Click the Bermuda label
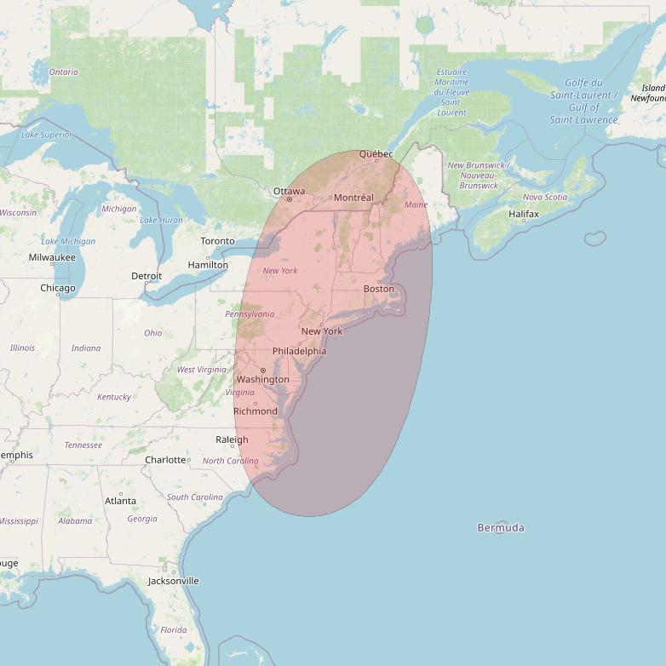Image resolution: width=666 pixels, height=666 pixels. click(x=501, y=528)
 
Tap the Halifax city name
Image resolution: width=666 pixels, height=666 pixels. click(x=524, y=214)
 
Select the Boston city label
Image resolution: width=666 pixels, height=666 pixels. click(x=379, y=289)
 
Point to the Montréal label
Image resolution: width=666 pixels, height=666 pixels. click(x=353, y=198)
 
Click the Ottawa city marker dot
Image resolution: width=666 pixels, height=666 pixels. click(x=289, y=199)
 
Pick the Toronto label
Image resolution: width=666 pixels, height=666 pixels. click(x=217, y=241)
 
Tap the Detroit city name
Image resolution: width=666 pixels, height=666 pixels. click(x=146, y=276)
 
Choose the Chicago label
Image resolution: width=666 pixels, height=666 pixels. click(x=57, y=288)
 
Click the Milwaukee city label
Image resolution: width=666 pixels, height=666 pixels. click(x=52, y=257)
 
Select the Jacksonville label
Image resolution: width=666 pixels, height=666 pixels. click(x=173, y=581)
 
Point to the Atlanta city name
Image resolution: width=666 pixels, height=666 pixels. click(x=120, y=501)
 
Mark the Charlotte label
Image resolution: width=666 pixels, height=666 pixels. click(x=165, y=460)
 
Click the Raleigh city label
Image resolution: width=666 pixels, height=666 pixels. click(x=232, y=439)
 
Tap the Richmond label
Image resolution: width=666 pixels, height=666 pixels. click(x=255, y=411)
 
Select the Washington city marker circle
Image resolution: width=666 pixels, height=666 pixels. click(x=263, y=370)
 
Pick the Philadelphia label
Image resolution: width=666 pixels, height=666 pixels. click(x=299, y=351)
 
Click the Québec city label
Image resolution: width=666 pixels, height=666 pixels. click(x=376, y=154)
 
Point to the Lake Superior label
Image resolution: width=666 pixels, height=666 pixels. click(x=47, y=135)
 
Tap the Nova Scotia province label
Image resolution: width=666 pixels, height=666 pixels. click(x=544, y=197)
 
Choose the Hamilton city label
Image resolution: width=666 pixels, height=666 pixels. click(x=208, y=265)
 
